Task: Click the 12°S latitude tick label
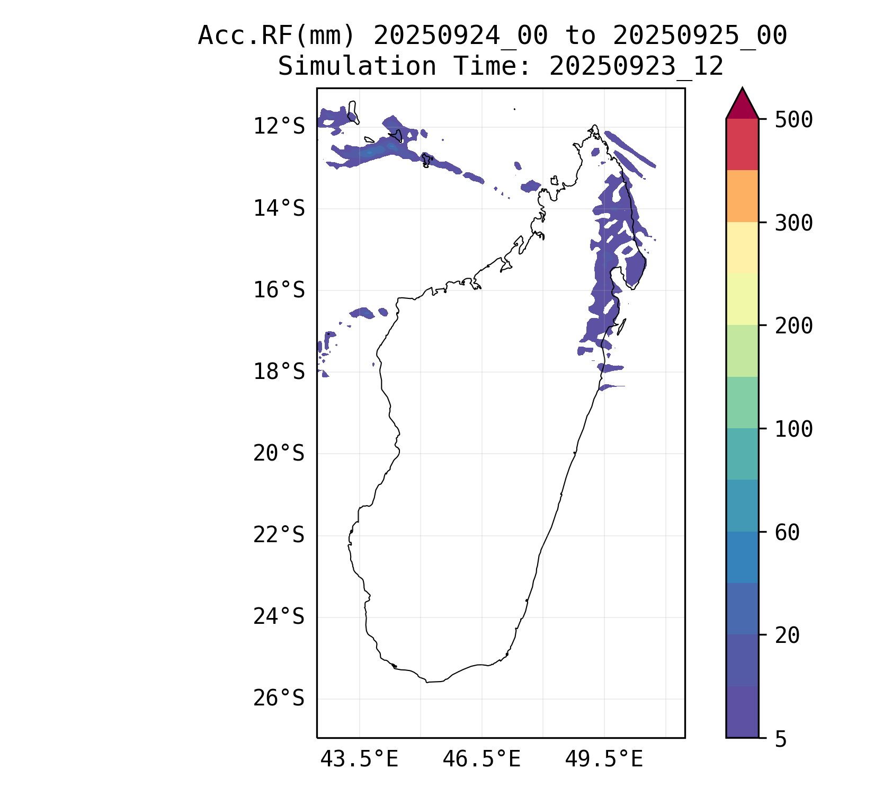[x=279, y=127]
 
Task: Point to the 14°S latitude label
[x=279, y=208]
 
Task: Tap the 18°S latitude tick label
[x=279, y=372]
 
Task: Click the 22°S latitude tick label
[x=279, y=535]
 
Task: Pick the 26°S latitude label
[x=279, y=698]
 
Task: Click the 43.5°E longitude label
[x=359, y=759]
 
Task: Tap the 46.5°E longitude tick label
[x=481, y=759]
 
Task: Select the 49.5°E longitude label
[x=604, y=759]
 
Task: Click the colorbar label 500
[x=793, y=120]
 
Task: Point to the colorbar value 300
[x=793, y=223]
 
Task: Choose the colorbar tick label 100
[x=793, y=429]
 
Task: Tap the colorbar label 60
[x=787, y=532]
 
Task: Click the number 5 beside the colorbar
[x=781, y=739]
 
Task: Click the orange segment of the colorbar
[x=742, y=196]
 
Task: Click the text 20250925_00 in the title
[x=700, y=36]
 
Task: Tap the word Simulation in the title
[x=357, y=67]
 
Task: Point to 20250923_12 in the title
[x=636, y=67]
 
